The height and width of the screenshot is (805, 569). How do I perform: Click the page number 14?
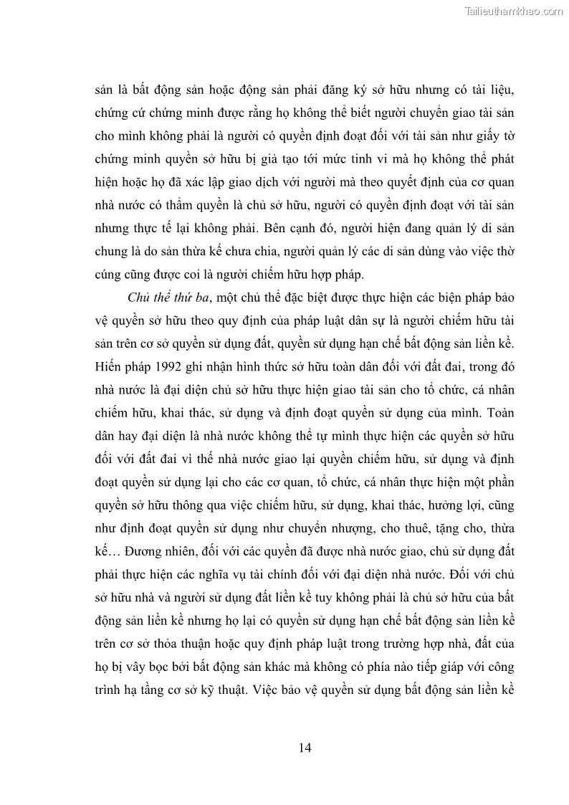(x=304, y=748)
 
